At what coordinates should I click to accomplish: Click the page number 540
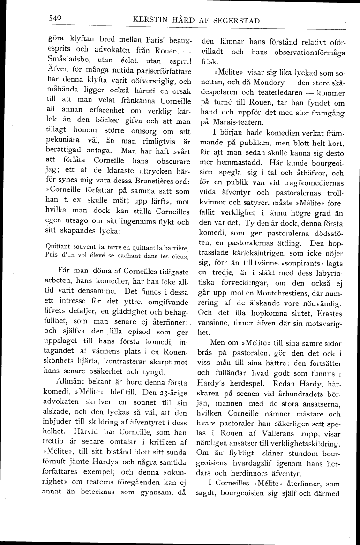(55, 18)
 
